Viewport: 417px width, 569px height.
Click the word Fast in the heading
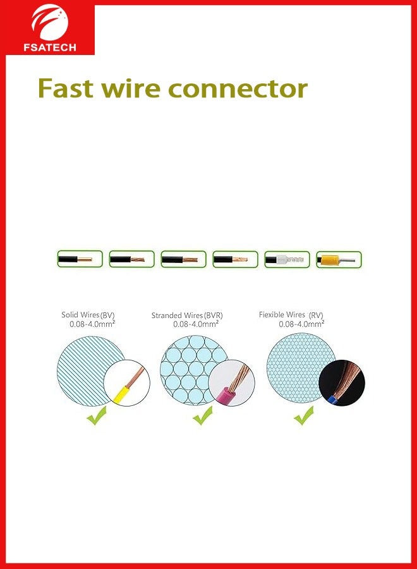tap(67, 88)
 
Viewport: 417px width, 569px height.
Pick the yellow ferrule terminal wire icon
tap(338, 259)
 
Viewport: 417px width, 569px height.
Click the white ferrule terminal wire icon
tap(287, 259)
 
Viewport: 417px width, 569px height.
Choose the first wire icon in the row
tap(80, 259)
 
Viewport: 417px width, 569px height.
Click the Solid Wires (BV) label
tap(88, 315)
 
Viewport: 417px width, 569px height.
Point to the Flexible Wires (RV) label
tap(291, 314)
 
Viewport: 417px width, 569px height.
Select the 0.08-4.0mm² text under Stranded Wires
tap(196, 324)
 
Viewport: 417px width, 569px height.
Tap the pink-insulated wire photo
tap(231, 383)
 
